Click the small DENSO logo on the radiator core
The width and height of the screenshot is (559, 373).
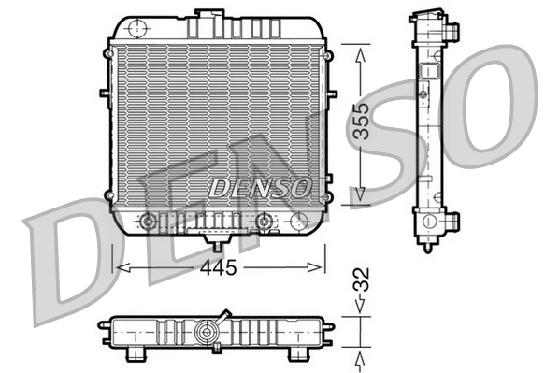point(259,187)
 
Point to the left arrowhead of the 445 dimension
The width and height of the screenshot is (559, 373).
point(118,267)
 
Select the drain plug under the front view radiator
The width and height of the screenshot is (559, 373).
point(219,246)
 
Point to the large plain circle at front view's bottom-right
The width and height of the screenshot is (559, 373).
point(299,222)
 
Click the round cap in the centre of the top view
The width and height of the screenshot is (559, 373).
point(207,330)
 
